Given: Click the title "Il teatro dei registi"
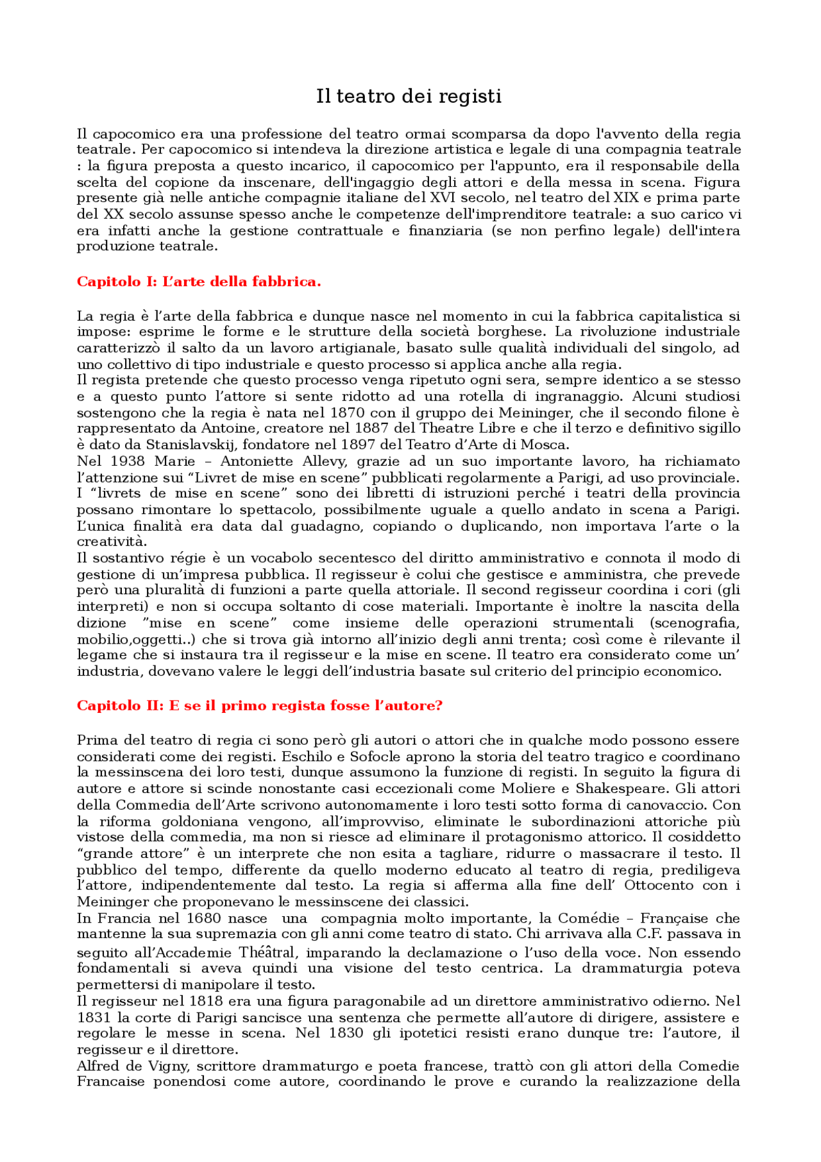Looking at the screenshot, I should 409,96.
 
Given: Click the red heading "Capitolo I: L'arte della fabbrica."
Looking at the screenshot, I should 198,282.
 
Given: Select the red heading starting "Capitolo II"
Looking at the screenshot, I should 259,706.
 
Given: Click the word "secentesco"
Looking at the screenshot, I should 357,558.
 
